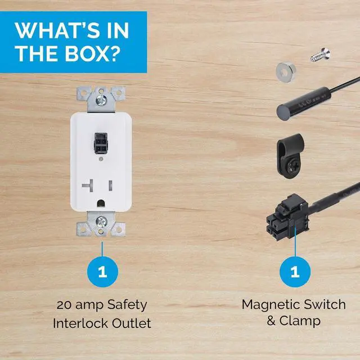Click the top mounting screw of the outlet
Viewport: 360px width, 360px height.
click(x=101, y=100)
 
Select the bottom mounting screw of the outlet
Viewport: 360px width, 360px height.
click(x=101, y=222)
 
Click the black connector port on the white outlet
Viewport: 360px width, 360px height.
click(x=101, y=143)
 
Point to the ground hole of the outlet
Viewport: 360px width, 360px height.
click(x=101, y=203)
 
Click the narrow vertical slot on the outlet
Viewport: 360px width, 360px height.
click(x=110, y=186)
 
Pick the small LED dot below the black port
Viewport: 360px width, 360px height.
click(x=101, y=159)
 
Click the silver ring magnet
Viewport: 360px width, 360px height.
click(x=286, y=72)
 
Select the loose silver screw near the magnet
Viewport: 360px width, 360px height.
click(x=321, y=55)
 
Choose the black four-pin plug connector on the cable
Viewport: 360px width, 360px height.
click(x=287, y=217)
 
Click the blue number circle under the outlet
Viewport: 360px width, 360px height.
click(x=102, y=272)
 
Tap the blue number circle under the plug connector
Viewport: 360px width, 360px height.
click(x=295, y=272)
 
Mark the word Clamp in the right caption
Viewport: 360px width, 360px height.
click(x=300, y=321)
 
